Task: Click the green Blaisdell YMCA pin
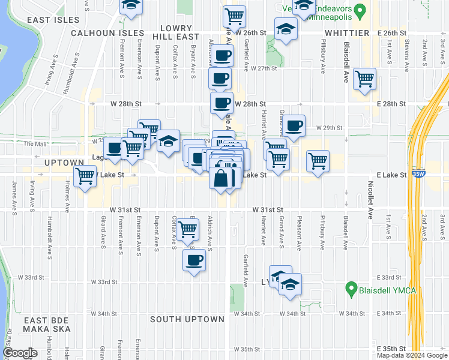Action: [x=352, y=290]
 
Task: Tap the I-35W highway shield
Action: [x=419, y=171]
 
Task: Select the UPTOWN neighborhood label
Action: [x=63, y=163]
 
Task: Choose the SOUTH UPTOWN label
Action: [x=187, y=319]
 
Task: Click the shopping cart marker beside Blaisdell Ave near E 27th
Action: [x=364, y=79]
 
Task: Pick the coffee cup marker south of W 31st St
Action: [x=193, y=261]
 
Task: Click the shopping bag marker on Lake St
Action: [x=221, y=178]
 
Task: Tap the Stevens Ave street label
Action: [x=407, y=53]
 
